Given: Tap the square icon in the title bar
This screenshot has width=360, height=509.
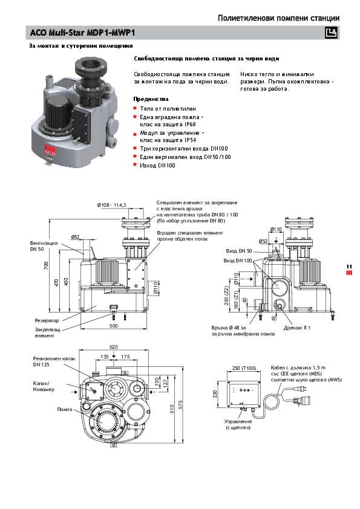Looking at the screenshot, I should [331, 33].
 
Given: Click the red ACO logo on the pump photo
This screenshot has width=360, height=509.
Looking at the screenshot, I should [50, 152].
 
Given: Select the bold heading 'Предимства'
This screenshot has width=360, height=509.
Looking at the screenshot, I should [151, 99].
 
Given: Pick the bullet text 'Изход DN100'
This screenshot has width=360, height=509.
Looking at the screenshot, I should [157, 165].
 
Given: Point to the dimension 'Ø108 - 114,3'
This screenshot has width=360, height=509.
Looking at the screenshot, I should [112, 206].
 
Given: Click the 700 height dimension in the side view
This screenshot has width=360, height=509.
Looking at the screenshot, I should [45, 265].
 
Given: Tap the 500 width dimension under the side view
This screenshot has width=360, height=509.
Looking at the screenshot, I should [113, 325].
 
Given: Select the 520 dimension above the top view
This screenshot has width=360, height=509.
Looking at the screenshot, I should [113, 347].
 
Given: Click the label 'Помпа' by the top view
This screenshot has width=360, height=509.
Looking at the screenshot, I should [64, 409].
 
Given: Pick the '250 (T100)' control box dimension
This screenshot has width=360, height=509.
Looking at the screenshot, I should [244, 368].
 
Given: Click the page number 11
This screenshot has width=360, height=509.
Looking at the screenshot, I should [349, 267].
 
